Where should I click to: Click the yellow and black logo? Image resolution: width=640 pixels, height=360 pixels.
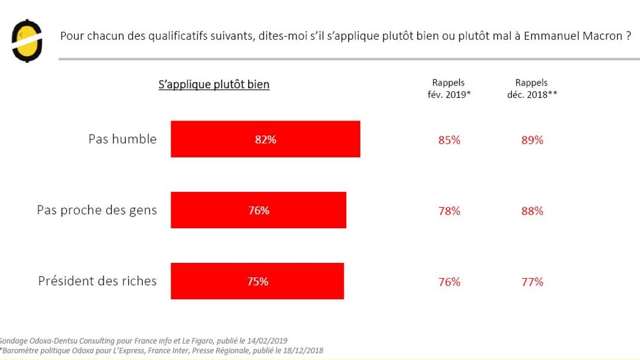coord(27,41)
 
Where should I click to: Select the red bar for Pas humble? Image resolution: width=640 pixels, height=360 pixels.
coord(265,139)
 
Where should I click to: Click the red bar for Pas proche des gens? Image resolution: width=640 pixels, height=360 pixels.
coord(258,210)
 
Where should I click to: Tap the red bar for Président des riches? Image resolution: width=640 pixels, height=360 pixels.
coord(257,282)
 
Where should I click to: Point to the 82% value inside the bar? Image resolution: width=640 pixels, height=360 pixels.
coord(266,140)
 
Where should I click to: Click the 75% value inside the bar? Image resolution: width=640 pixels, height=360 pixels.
coord(258,282)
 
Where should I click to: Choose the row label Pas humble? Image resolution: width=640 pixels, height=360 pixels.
coord(122,139)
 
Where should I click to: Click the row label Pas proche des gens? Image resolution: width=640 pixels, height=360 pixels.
coord(97,210)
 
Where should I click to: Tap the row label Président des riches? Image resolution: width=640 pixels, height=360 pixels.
coord(97,281)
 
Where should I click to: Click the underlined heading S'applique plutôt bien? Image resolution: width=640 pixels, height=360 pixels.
coord(214,85)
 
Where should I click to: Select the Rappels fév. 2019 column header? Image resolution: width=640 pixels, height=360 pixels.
coord(449,88)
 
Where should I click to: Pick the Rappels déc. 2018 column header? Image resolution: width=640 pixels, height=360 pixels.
coord(532,88)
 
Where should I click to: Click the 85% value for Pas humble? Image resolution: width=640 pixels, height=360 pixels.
coord(449,140)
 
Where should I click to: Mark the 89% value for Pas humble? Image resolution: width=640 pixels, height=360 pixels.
coord(532,140)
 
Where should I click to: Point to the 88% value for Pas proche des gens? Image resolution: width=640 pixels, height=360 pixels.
coord(532,211)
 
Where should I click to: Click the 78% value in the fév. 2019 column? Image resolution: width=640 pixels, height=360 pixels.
coord(449,211)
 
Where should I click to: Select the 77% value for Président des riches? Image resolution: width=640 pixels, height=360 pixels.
coord(532,282)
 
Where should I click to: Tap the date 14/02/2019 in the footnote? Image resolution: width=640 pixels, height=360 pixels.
coord(267,341)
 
